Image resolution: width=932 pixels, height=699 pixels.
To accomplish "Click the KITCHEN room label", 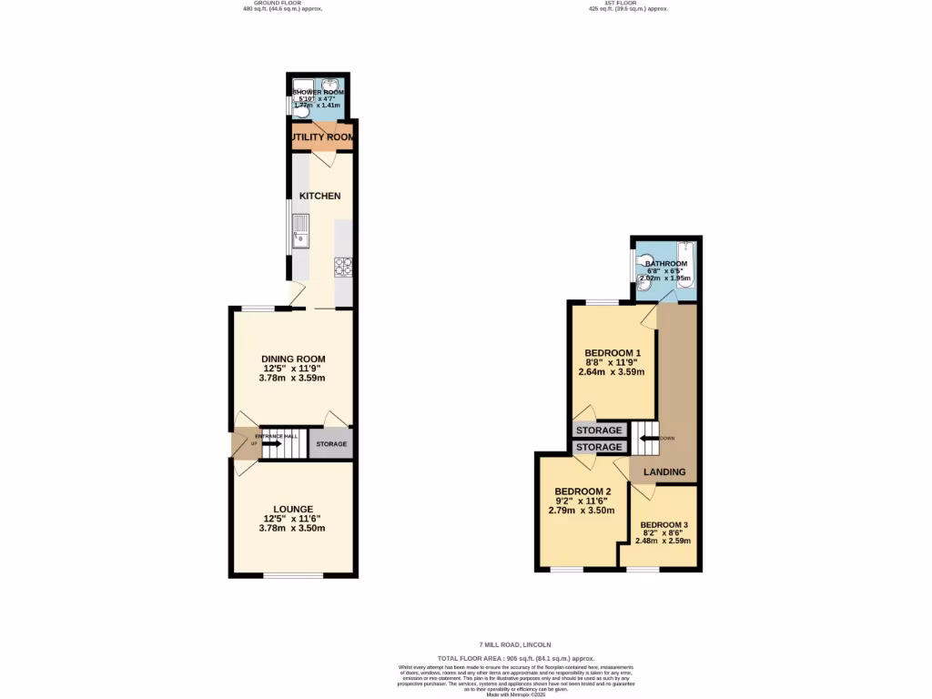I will [319, 196].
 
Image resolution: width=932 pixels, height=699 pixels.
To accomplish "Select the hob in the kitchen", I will [344, 267].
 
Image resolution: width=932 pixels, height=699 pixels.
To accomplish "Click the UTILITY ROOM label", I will [322, 137].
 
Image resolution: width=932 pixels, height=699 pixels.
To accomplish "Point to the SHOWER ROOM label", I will [318, 93].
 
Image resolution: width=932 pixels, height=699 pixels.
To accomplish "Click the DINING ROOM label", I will [292, 359].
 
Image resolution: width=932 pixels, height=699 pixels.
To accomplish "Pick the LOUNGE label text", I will [293, 509].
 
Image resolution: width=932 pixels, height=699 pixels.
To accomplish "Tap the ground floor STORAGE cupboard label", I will [331, 444].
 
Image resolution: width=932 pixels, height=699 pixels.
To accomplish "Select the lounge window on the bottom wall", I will [293, 574].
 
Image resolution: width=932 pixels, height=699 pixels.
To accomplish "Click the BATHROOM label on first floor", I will [666, 264].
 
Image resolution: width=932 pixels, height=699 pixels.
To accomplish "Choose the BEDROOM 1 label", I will [613, 353].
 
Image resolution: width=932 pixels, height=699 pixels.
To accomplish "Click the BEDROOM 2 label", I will [582, 491].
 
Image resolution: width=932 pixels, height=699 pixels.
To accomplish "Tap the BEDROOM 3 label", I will [664, 525].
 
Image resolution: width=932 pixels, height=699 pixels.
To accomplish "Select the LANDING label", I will [664, 472].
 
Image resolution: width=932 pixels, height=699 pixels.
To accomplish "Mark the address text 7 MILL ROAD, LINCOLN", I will [515, 644].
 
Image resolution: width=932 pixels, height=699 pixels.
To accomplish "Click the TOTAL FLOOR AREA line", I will [515, 658].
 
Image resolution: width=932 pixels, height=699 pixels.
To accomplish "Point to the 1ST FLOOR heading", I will [628, 3].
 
